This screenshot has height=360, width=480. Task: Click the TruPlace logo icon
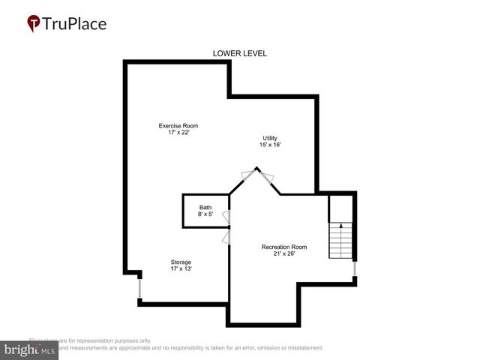(x=34, y=24)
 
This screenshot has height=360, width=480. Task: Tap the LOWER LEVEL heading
(x=240, y=53)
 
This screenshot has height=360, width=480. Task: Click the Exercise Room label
(x=178, y=125)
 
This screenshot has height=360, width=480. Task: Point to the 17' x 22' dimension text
(x=178, y=133)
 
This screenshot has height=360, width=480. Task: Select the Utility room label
(x=270, y=137)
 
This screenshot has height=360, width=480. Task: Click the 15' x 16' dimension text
(x=270, y=145)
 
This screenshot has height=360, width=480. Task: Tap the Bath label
(x=205, y=208)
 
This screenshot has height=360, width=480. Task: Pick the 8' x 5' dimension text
(x=205, y=214)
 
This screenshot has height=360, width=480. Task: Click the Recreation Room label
(x=284, y=247)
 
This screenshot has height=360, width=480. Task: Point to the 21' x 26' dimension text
(x=284, y=253)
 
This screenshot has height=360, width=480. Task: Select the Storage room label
(x=181, y=262)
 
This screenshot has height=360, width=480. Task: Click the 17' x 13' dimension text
(x=181, y=268)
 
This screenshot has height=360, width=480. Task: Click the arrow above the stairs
(x=340, y=225)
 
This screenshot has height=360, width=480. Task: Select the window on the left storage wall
(x=139, y=287)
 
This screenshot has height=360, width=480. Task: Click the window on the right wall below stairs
(x=355, y=268)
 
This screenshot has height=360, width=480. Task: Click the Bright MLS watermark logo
(x=28, y=350)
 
